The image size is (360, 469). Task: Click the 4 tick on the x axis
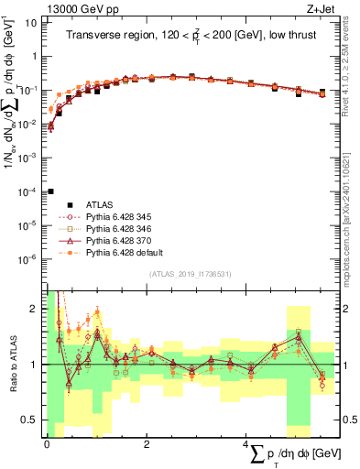click(x=245, y=443)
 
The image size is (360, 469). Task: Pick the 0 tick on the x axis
click(x=47, y=443)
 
